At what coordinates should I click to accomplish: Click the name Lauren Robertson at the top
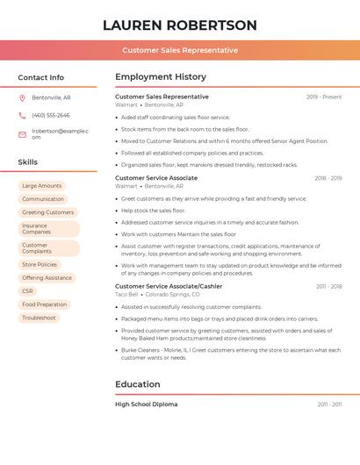coord(179,25)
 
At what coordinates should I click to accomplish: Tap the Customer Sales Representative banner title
coord(179,50)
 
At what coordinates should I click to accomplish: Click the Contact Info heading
coord(40,77)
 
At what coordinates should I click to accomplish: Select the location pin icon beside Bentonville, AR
coord(22,97)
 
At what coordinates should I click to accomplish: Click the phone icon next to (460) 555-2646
coord(22,115)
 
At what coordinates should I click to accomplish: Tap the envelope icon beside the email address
coord(22,134)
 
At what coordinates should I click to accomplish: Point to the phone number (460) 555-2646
coord(51,115)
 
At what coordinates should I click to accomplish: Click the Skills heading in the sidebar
coord(28,161)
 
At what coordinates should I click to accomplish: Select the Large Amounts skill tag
coord(41,186)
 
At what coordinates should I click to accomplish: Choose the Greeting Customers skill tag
coord(47,212)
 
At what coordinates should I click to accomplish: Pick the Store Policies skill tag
coord(40,264)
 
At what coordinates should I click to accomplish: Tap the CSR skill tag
coord(27,290)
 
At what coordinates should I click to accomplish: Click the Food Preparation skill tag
coord(44,304)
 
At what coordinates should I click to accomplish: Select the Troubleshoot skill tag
coord(39,318)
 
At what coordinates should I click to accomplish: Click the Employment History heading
coord(161,77)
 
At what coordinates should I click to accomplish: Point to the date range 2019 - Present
coord(324,97)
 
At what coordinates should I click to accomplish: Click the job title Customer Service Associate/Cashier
coord(169,286)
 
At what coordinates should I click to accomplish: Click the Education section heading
coord(138,383)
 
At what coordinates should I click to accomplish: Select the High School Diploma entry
coord(147,404)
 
